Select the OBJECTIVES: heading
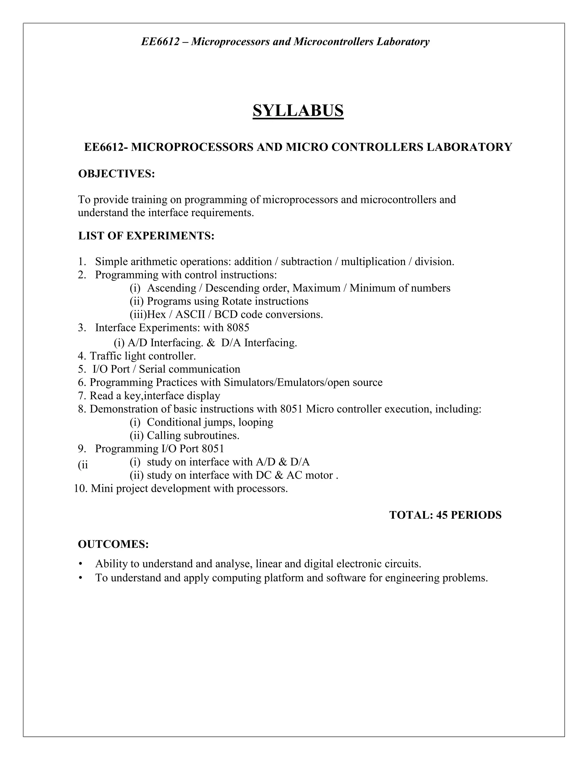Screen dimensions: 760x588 pos(116,174)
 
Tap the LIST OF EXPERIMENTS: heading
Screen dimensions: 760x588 pos(146,236)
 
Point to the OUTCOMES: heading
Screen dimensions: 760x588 pos(113,544)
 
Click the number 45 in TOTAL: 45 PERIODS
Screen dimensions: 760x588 pos(442,515)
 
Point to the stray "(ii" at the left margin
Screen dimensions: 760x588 pos(83,465)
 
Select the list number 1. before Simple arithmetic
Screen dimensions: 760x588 pos(82,262)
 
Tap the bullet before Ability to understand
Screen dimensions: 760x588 pos(81,564)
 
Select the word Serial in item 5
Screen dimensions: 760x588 pos(152,369)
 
